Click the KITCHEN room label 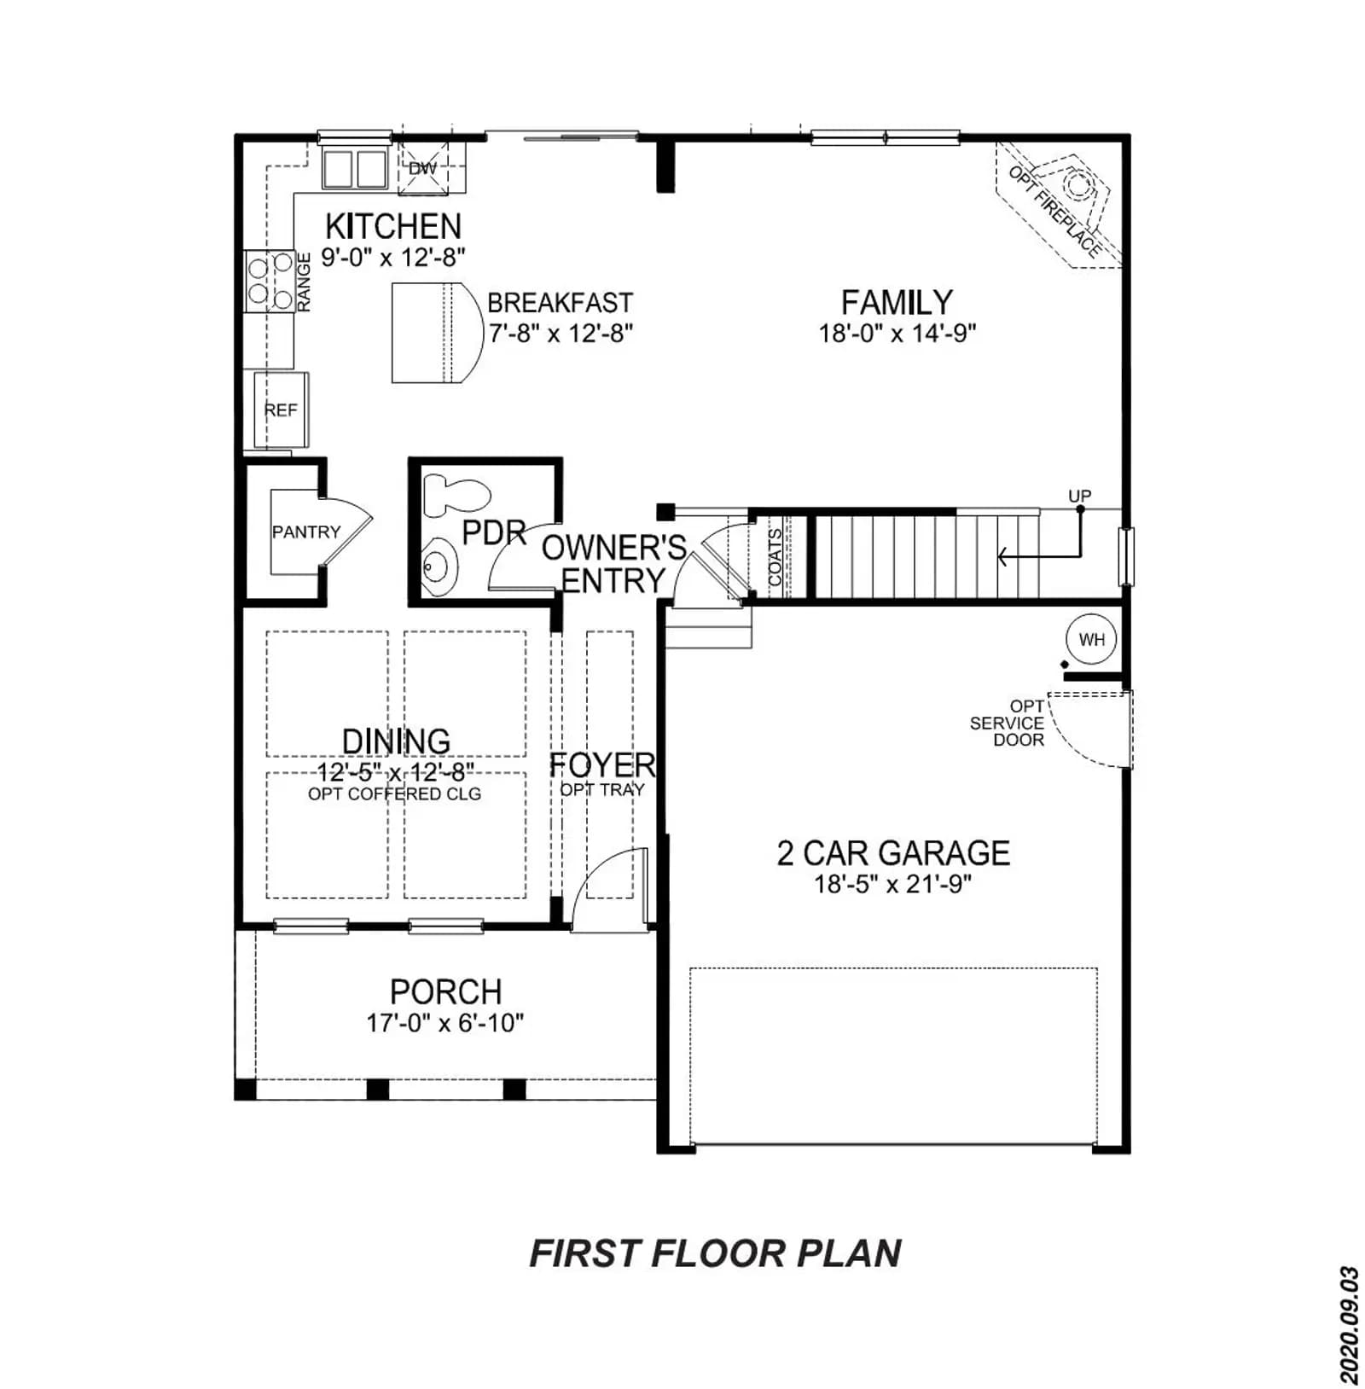(393, 226)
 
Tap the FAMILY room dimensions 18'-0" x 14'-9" (897, 333)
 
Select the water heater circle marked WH (1091, 639)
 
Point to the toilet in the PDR (457, 496)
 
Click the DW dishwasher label (422, 168)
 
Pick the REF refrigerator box (281, 410)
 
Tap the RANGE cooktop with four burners (270, 281)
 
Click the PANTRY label (305, 532)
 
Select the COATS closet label (775, 556)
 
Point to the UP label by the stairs (1079, 496)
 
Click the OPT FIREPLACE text (1054, 211)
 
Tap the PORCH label (445, 991)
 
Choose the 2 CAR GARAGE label (893, 853)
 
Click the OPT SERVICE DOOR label (1008, 724)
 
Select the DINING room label (396, 741)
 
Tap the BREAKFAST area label (560, 303)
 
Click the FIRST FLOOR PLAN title (715, 1253)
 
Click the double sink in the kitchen (354, 168)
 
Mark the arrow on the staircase (1039, 533)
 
